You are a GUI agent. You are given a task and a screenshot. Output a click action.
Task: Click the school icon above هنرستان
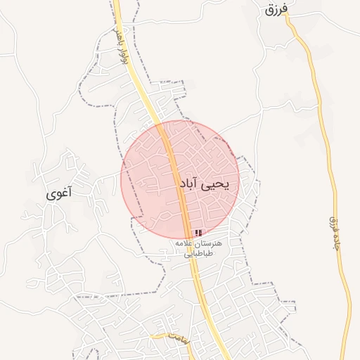(199, 233)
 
